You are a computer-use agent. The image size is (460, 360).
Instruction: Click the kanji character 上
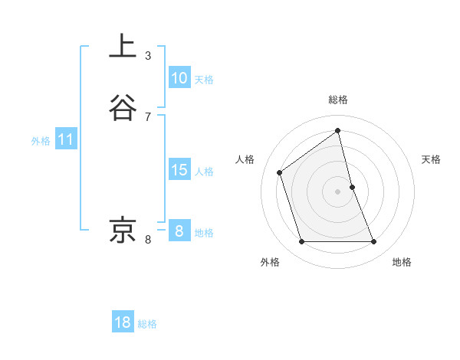pos(123,46)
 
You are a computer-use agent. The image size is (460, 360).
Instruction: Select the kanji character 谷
pos(123,107)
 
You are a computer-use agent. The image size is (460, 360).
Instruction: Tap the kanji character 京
pos(123,230)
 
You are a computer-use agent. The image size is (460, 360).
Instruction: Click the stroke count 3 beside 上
pos(148,56)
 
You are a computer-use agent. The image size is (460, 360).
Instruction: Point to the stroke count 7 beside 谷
pos(148,117)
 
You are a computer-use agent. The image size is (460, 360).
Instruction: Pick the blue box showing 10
pos(179,78)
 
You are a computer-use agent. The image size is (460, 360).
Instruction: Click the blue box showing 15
pos(179,170)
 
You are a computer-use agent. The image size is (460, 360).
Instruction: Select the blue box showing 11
pos(66,140)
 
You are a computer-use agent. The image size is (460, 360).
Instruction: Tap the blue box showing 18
pos(123,322)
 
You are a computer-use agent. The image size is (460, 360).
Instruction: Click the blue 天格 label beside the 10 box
pos(204,80)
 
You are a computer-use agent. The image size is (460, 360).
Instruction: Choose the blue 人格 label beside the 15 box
pos(204,172)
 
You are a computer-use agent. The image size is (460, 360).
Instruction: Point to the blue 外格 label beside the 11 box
pos(41,141)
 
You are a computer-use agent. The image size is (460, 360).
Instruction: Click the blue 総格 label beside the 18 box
pos(147,324)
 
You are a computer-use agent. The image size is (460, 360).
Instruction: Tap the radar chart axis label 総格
pos(338,100)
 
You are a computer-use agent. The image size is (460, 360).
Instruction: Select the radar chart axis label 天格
pos(431,159)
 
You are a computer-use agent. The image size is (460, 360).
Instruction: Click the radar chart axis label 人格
pos(245,159)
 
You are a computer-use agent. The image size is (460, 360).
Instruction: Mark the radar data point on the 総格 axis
pos(338,131)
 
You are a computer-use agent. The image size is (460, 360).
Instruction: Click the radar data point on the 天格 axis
pos(352,187)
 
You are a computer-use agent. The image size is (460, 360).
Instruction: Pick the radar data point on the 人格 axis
pos(280,172)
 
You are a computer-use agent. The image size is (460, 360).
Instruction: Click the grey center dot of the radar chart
pos(338,191)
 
